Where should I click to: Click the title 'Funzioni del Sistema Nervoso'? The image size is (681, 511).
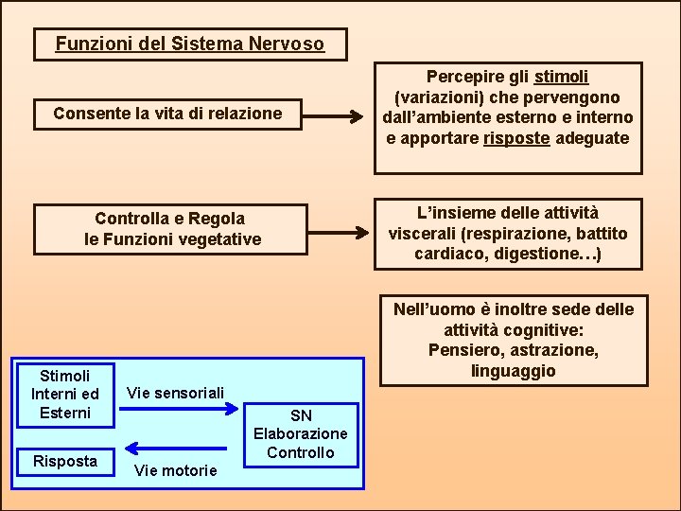(189, 44)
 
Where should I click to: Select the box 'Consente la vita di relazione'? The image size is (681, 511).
(167, 114)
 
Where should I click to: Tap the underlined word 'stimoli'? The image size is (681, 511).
(562, 76)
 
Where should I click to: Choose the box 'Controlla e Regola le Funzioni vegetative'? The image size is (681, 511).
(172, 229)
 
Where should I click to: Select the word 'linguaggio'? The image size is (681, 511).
(514, 371)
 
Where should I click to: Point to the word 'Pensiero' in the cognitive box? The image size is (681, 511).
(462, 350)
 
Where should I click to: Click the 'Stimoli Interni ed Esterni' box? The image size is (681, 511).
(64, 394)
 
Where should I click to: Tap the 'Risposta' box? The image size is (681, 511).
(64, 461)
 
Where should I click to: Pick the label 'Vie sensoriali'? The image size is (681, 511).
(175, 392)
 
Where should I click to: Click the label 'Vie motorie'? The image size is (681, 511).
(175, 470)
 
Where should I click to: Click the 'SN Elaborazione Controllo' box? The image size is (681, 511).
(301, 434)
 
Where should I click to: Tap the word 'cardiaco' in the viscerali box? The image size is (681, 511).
(446, 255)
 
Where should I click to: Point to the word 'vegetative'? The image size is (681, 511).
(220, 239)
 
